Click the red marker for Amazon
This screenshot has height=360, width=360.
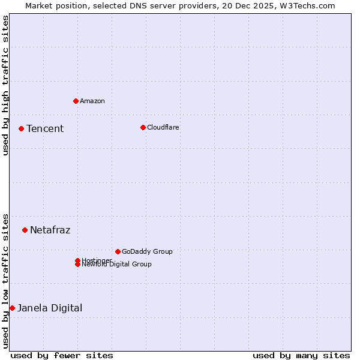click(x=76, y=101)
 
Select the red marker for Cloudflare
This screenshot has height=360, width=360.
click(x=143, y=127)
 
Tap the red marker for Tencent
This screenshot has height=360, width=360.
click(x=21, y=128)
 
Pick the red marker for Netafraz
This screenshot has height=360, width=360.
click(x=25, y=230)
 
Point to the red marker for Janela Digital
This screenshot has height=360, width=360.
click(x=12, y=308)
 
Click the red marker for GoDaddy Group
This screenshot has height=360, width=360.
click(x=118, y=251)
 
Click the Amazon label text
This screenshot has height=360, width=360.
click(x=92, y=101)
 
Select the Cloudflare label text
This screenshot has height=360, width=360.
click(x=163, y=127)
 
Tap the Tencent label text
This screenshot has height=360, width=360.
click(x=45, y=129)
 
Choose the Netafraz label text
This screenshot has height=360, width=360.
click(x=50, y=230)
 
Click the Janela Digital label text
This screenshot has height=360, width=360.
click(x=50, y=308)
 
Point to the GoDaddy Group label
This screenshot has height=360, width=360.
click(x=147, y=252)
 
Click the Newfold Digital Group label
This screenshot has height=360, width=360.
click(x=117, y=265)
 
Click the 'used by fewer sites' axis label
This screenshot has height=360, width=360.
click(x=62, y=356)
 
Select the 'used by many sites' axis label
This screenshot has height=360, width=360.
click(x=301, y=356)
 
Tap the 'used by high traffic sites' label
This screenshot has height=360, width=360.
click(x=5, y=85)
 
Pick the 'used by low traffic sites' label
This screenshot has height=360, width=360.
click(x=5, y=280)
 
